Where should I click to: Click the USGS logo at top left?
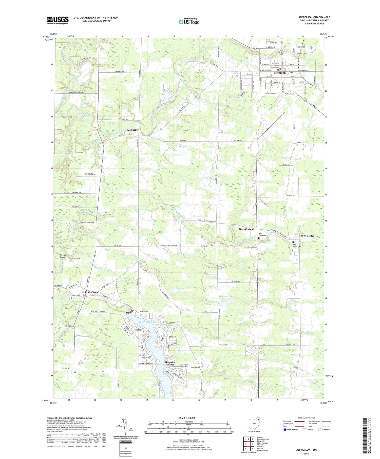(x=58, y=20)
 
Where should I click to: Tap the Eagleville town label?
(x=132, y=130)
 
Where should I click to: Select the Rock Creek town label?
(x=91, y=292)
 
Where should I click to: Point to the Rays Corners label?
(x=246, y=229)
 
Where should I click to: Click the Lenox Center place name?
(x=307, y=236)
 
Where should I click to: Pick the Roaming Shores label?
(x=170, y=363)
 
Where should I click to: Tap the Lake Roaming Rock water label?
(x=146, y=323)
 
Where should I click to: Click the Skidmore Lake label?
(x=225, y=296)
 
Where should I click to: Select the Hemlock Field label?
(x=89, y=174)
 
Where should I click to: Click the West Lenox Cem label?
(x=262, y=235)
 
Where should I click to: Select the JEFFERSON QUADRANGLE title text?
(x=314, y=17)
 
